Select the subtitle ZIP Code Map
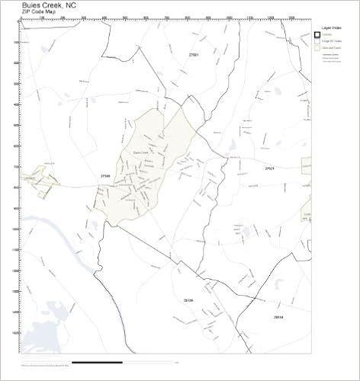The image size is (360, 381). pyautogui.click(x=38, y=13)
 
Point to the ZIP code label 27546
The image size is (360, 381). pyautogui.click(x=105, y=176)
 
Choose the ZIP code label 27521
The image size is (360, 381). pyautogui.click(x=269, y=168)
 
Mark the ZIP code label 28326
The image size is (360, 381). pyautogui.click(x=188, y=300)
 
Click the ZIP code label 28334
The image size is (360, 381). pyautogui.click(x=278, y=315)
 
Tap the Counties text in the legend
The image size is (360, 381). pyautogui.click(x=328, y=34)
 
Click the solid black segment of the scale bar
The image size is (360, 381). pyautogui.click(x=96, y=360)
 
